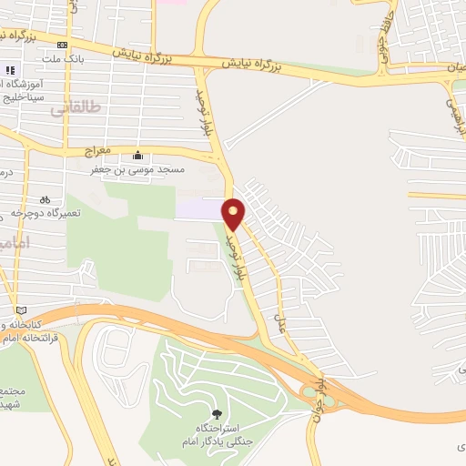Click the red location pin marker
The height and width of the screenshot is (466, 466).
pyautogui.click(x=234, y=214)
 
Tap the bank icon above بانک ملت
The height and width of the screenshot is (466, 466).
pyautogui.click(x=62, y=45)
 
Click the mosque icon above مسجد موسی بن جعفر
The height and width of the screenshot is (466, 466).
pyautogui.click(x=137, y=155)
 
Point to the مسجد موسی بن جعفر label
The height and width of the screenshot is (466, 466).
pyautogui.click(x=137, y=168)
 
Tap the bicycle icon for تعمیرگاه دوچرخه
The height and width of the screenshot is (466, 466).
pyautogui.click(x=45, y=199)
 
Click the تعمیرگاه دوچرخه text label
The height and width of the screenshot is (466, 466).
pyautogui.click(x=46, y=212)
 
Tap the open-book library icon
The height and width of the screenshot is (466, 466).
pyautogui.click(x=21, y=310)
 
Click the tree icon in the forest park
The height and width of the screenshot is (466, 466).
pyautogui.click(x=216, y=414)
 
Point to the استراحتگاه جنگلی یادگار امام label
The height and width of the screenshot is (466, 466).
pyautogui.click(x=216, y=434)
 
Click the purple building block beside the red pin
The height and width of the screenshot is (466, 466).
pyautogui.click(x=198, y=208)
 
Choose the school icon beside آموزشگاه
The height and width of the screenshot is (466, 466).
pyautogui.click(x=11, y=70)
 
